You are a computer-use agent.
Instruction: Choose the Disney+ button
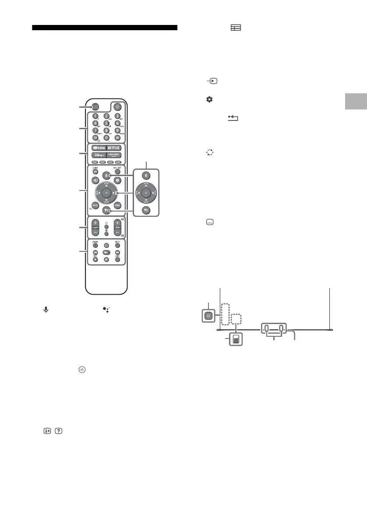(97, 155)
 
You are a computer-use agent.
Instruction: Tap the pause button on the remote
(106, 260)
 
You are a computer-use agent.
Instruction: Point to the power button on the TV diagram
(209, 315)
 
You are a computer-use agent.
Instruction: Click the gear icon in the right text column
(209, 100)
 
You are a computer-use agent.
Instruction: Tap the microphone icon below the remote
(45, 309)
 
